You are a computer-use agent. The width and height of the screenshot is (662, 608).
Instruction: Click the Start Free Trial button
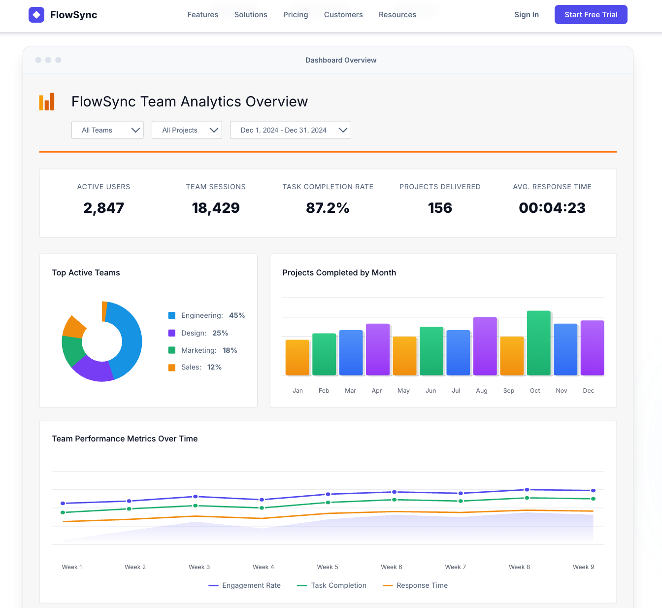(591, 15)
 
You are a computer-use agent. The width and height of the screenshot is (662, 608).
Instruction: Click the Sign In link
(526, 15)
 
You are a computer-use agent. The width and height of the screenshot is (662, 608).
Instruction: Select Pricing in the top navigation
(296, 15)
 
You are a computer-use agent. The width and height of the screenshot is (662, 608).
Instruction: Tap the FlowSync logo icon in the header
(36, 15)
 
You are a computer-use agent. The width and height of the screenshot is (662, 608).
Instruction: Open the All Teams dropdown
(107, 130)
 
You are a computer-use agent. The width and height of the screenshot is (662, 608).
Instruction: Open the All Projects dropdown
(187, 130)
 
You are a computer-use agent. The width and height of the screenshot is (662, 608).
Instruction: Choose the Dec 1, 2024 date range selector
(290, 130)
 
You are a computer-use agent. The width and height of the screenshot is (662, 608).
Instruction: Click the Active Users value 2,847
(103, 208)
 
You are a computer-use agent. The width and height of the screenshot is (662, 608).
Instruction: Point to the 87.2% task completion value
(328, 208)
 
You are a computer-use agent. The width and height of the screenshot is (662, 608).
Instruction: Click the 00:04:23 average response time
(552, 208)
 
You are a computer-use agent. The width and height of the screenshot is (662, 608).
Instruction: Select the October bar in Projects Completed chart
(538, 343)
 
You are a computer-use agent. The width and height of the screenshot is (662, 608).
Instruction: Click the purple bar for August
(485, 346)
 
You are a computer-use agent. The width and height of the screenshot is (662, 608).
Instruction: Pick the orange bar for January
(297, 357)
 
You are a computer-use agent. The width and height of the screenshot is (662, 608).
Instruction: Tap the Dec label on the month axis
(588, 391)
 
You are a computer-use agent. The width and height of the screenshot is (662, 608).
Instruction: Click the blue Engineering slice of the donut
(129, 340)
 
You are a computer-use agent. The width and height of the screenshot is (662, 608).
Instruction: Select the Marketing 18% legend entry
(203, 350)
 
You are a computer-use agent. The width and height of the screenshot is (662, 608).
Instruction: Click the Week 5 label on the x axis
(328, 567)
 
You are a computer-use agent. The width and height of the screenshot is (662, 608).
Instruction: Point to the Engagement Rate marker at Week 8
(527, 490)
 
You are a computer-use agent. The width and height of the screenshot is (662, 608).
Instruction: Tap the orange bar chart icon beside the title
(47, 101)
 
